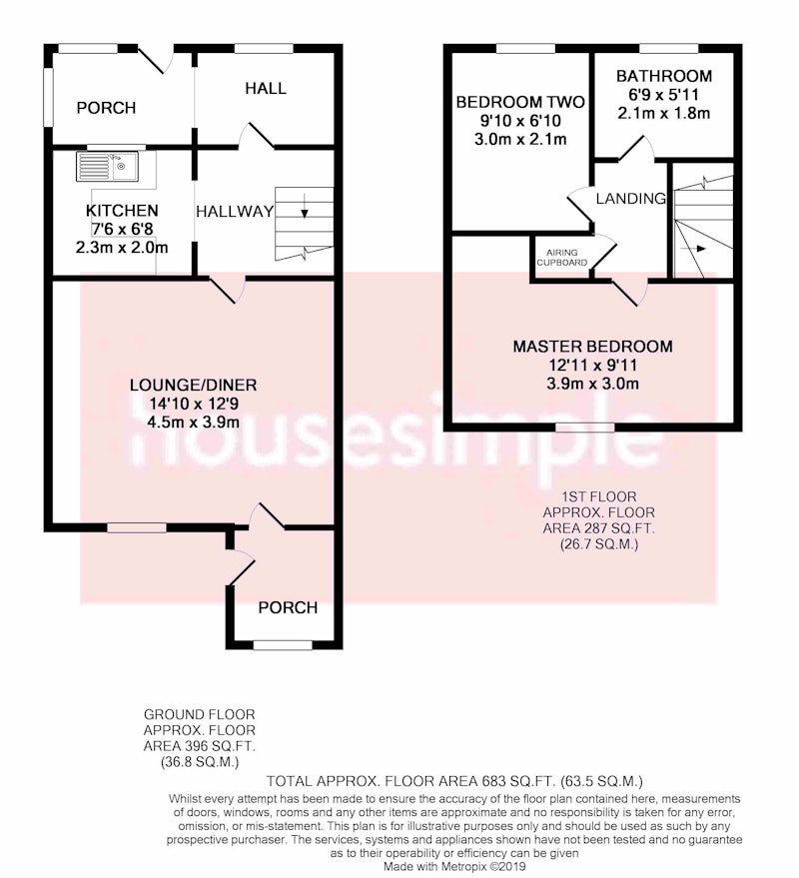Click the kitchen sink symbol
point(108,166)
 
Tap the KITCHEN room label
point(122,211)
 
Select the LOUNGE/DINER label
point(193,385)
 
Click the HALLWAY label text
point(235,211)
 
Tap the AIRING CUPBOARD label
point(562,258)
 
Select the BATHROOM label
point(664,76)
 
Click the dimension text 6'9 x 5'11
point(664,95)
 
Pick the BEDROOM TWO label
point(520,102)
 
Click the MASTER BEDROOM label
point(593,346)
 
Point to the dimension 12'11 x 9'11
point(593,366)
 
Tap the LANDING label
point(631,198)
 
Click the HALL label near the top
point(266,88)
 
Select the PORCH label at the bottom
point(288,607)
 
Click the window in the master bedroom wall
point(584,428)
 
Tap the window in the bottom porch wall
point(283,645)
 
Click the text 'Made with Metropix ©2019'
point(454,866)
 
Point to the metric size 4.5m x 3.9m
point(193,422)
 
